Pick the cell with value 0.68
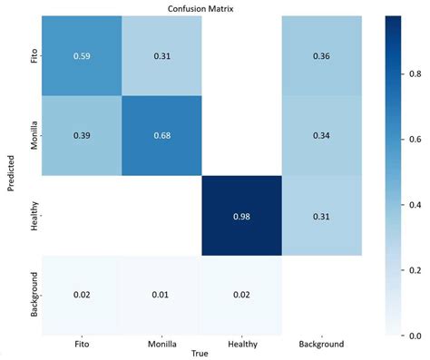tap(161, 137)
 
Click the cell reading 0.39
tap(79, 137)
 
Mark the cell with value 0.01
tap(161, 297)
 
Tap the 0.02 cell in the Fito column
tap(79, 297)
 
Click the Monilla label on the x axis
tap(161, 344)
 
